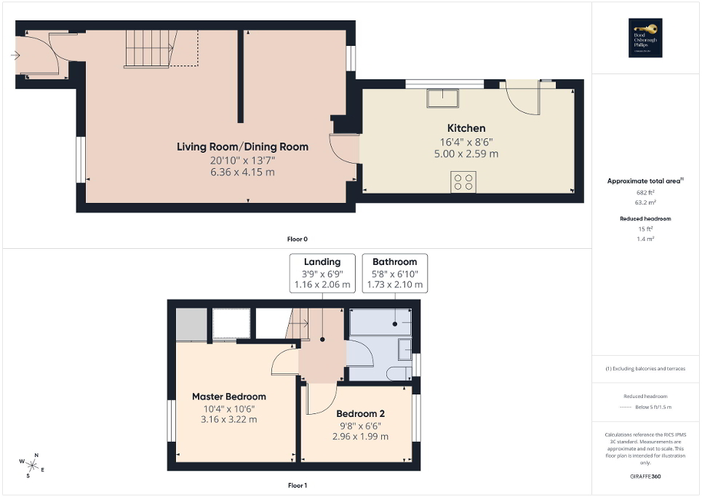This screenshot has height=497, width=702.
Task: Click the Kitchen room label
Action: [466, 128]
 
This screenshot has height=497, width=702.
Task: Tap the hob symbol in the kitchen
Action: [463, 181]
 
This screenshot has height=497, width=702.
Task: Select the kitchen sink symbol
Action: [442, 97]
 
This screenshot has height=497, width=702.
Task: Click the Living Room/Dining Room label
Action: [242, 146]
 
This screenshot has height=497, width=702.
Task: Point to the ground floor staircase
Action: [148, 48]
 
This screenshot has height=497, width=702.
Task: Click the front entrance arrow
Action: [16, 55]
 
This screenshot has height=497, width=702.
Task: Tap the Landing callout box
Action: [322, 273]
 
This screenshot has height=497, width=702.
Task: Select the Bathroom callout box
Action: [394, 273]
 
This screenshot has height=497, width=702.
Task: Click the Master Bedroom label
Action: [228, 397]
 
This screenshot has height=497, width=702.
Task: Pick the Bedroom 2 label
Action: [359, 414]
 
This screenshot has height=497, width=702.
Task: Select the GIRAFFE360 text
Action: [646, 477]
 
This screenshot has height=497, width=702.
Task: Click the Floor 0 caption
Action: [298, 239]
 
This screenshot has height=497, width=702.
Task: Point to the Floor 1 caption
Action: [298, 485]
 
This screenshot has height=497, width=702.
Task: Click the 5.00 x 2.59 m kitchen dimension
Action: [466, 154]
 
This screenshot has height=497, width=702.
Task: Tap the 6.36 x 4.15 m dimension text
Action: [242, 172]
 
